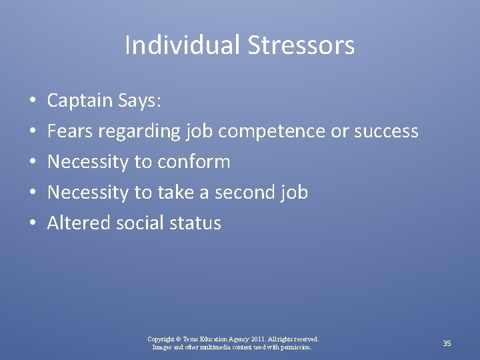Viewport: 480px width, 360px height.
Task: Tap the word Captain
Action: [80, 101]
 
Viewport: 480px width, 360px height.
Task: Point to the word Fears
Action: [70, 131]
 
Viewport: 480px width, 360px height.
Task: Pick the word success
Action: [386, 131]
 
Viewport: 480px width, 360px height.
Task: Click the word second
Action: [247, 193]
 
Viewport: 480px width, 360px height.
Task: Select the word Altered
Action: [79, 223]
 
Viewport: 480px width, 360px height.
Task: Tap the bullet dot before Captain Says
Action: [33, 101]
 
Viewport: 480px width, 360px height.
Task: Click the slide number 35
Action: [447, 343]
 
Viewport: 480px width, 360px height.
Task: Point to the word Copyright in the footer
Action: [163, 339]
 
